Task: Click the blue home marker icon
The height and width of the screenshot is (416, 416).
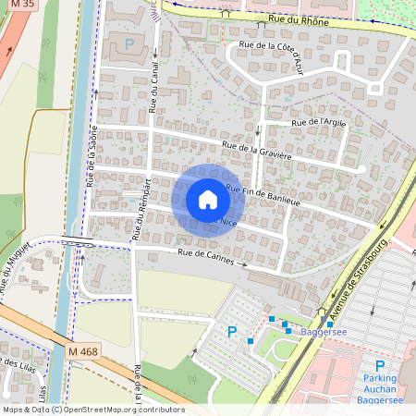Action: coord(208,199)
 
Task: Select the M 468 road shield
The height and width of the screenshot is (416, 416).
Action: coord(84,353)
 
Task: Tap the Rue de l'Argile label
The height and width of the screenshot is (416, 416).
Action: coord(318,122)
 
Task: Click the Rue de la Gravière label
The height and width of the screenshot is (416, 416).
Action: coord(257,152)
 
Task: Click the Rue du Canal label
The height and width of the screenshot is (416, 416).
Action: coord(152,92)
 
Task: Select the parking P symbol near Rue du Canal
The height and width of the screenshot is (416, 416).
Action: coord(129,43)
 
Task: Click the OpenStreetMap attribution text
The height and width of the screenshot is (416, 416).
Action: coord(92,410)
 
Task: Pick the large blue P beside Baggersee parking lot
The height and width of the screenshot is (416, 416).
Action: coord(232,331)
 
